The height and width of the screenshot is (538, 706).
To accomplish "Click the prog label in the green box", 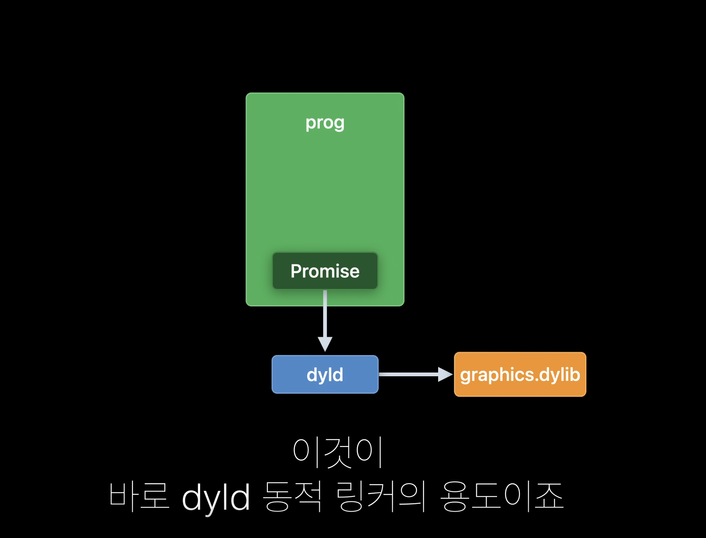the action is [x=325, y=123].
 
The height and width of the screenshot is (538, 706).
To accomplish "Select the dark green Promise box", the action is [x=325, y=271].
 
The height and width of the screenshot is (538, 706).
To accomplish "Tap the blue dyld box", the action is [x=325, y=374].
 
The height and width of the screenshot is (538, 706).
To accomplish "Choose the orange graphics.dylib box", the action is [x=520, y=374].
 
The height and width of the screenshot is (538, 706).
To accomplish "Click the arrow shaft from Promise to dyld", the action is [x=325, y=313].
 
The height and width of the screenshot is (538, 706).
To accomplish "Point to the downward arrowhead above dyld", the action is [x=325, y=344].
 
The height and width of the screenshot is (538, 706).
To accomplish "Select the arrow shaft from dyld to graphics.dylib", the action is [x=409, y=374].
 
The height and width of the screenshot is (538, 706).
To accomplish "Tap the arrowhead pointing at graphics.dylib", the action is [x=445, y=374].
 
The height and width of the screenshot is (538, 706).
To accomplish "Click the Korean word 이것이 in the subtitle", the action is [x=337, y=452].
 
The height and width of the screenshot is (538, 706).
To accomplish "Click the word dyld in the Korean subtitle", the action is [x=216, y=498].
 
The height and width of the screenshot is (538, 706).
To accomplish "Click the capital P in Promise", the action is [x=297, y=271].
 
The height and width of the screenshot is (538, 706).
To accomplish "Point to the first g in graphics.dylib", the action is [x=466, y=376].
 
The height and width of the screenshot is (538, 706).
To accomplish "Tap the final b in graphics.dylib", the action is [x=574, y=374].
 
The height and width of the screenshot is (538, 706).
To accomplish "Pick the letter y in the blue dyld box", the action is [x=324, y=377].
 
